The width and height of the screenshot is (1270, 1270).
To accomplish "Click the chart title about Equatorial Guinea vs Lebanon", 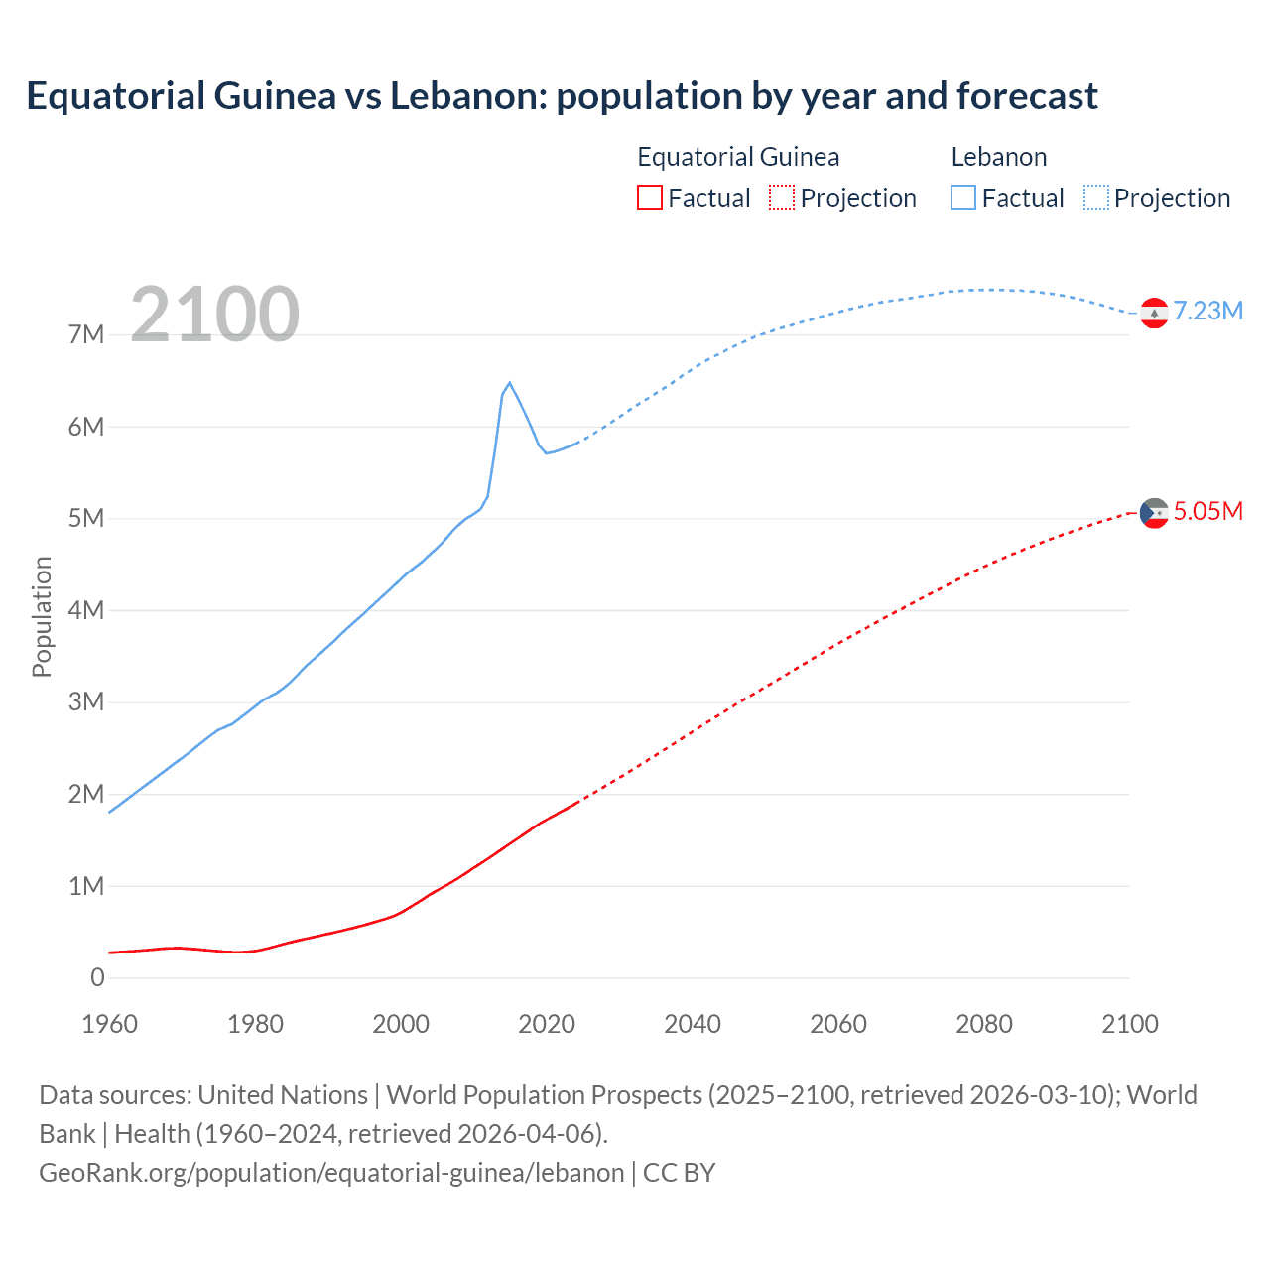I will [562, 96].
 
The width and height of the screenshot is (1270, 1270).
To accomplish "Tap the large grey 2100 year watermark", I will [214, 315].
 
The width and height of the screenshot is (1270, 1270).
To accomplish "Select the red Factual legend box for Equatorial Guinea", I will [649, 197].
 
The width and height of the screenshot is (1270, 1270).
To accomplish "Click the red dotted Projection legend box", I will [782, 197].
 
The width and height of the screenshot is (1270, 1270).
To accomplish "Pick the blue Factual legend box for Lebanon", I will [963, 197].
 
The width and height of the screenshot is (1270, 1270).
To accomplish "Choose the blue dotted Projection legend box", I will [1096, 197].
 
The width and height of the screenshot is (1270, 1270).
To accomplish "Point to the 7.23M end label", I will [1207, 312].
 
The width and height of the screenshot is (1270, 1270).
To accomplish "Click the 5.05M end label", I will [1207, 512].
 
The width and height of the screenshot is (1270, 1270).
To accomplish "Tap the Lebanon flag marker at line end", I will [1154, 313].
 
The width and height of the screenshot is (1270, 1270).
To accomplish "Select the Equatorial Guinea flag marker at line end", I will [1154, 513].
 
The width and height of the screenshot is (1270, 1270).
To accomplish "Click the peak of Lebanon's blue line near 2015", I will [509, 383].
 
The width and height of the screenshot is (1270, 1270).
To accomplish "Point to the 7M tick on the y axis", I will [86, 334].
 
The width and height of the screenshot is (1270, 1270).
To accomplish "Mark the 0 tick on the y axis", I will [97, 978].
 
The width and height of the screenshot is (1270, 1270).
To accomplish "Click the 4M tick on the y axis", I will [86, 610].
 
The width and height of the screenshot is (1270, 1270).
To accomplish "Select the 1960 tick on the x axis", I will [109, 1024].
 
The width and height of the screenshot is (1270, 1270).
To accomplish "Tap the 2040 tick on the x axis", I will [693, 1024].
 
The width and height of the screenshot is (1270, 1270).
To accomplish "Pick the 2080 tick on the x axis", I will [984, 1024].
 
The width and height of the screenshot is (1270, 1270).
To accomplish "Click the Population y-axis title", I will [42, 616].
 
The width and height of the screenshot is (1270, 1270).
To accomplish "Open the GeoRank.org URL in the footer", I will [331, 1173].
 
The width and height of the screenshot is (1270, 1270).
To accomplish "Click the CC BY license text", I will [680, 1173].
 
